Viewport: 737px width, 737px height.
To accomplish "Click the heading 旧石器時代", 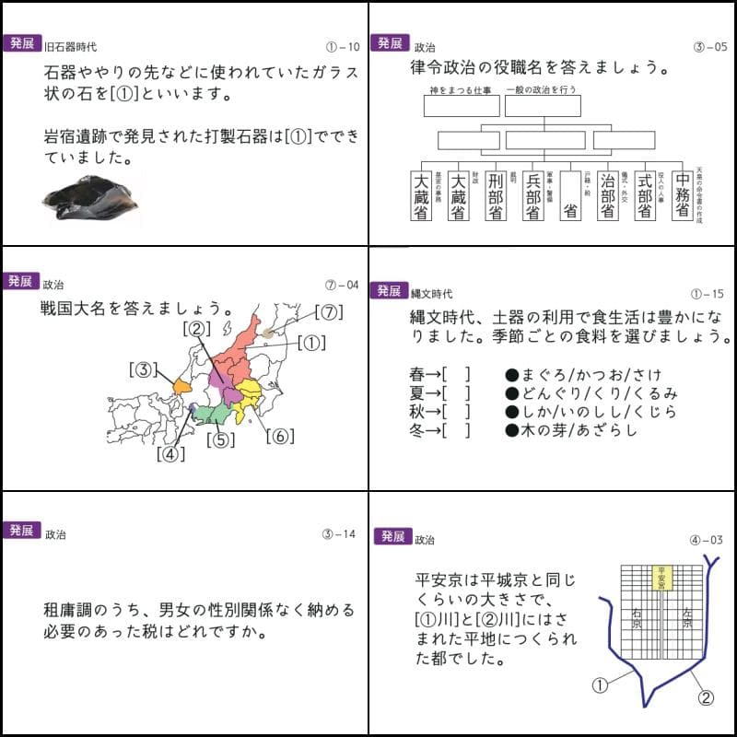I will (x=70, y=46).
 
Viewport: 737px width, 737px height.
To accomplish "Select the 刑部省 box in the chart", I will (x=495, y=196).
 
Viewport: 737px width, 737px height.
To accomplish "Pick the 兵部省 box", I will (x=532, y=196).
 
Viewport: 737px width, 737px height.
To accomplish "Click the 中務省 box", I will (x=682, y=195).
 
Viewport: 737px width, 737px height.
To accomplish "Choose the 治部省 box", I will (x=607, y=196).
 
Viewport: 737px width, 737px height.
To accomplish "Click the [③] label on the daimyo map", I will (x=146, y=370).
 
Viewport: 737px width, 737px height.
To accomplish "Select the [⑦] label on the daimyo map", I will (x=328, y=312).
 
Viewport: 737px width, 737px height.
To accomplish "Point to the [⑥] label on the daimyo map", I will (x=280, y=436).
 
